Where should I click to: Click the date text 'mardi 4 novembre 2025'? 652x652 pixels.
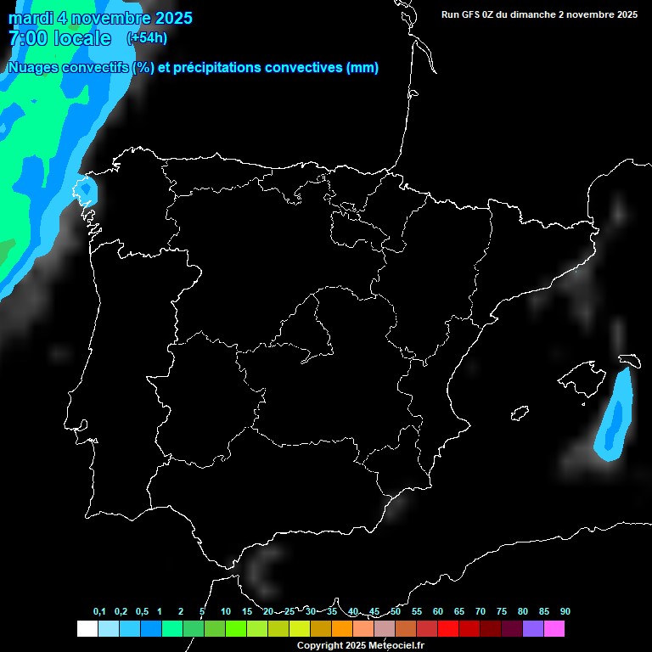click(x=100, y=18)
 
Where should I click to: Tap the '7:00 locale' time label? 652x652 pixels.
click(x=59, y=38)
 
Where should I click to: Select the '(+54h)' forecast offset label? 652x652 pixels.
click(x=147, y=37)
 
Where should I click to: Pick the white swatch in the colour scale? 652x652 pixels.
click(x=87, y=629)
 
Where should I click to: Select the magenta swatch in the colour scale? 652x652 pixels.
click(x=554, y=629)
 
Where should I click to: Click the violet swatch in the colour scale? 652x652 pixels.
click(x=533, y=629)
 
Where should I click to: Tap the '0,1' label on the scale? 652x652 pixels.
click(x=99, y=612)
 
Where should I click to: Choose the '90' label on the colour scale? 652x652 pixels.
click(x=565, y=612)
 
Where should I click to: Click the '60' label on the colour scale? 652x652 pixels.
click(x=438, y=612)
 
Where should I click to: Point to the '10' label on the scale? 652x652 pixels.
click(x=226, y=612)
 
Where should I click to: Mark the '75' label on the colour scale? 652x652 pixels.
click(x=502, y=612)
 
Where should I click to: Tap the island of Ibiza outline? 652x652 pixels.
click(x=520, y=413)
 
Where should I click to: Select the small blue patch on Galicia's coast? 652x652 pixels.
click(x=87, y=190)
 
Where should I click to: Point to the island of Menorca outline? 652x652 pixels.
click(x=628, y=360)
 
